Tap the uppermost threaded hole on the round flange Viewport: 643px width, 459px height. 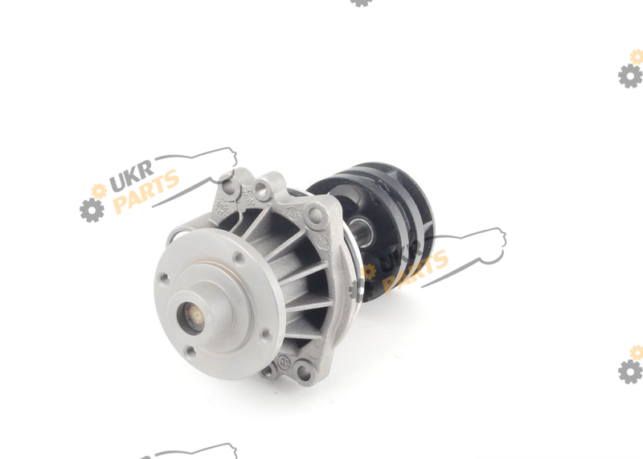point(239,258)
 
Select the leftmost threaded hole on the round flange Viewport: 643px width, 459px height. point(164,278)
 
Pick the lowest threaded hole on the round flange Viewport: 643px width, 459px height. point(190,351)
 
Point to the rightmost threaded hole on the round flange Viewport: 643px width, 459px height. point(266,335)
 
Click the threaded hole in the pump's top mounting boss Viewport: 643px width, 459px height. point(260,188)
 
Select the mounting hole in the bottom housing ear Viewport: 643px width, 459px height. point(304,372)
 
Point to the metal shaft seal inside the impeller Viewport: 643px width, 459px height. point(361,232)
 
